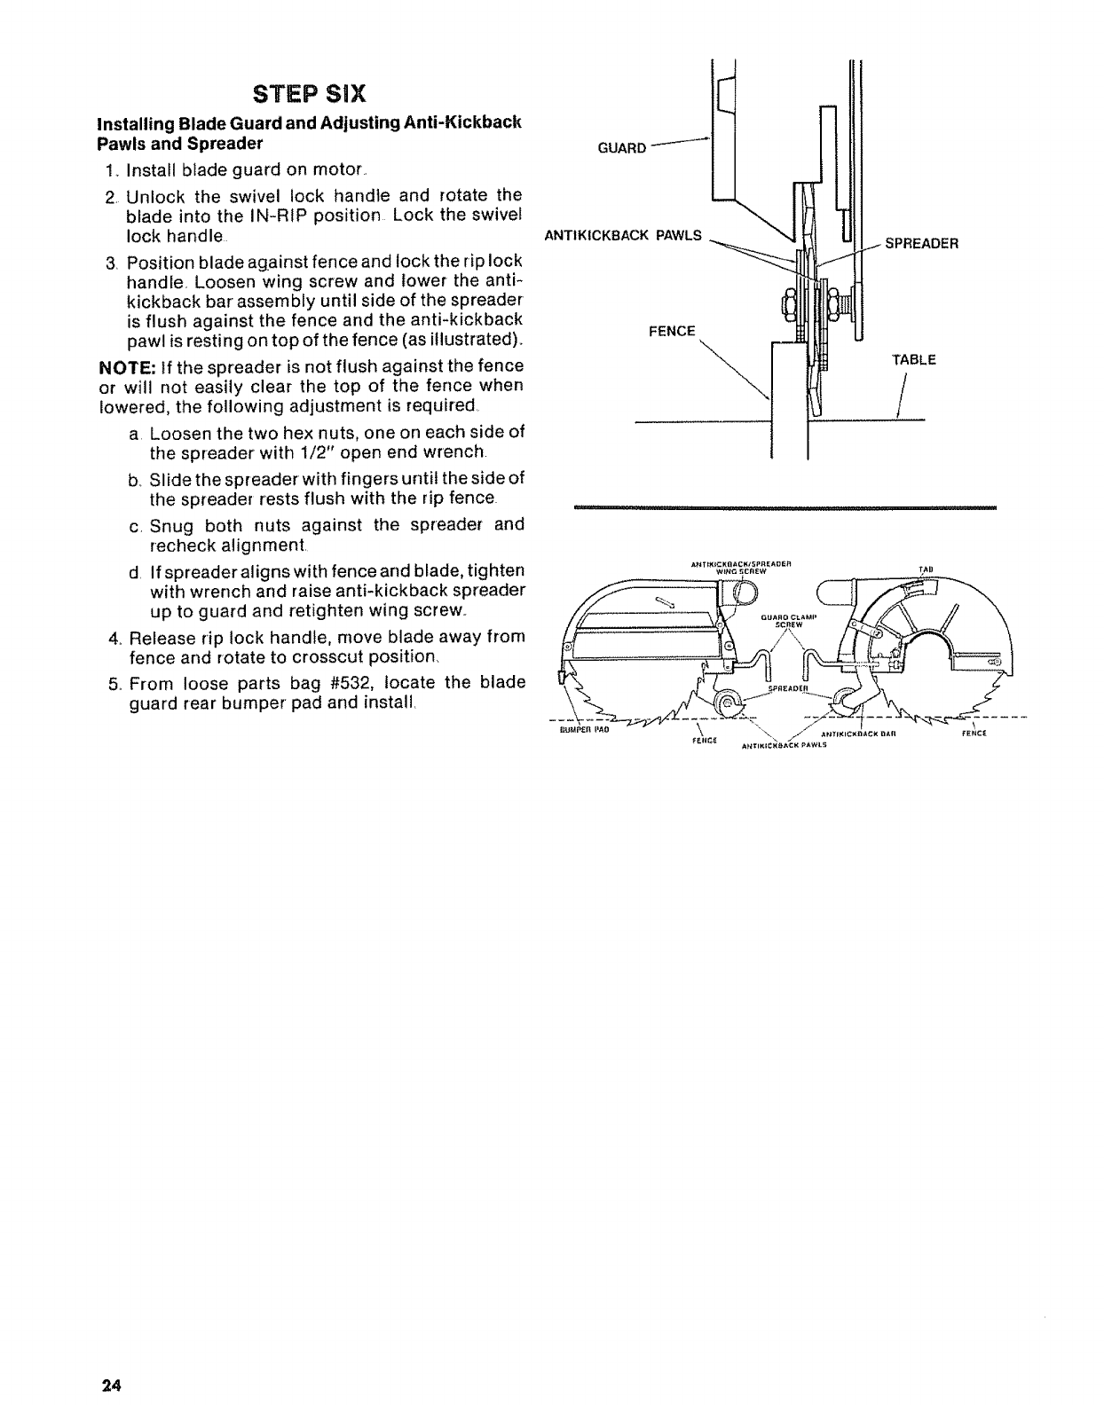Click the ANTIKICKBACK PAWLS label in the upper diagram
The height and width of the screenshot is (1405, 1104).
(622, 236)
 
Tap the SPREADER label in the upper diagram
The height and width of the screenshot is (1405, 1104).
(921, 243)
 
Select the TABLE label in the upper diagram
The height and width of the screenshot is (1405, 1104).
(913, 360)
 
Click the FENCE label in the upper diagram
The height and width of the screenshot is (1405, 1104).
(672, 331)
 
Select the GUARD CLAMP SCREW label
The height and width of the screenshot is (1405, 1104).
(789, 620)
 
